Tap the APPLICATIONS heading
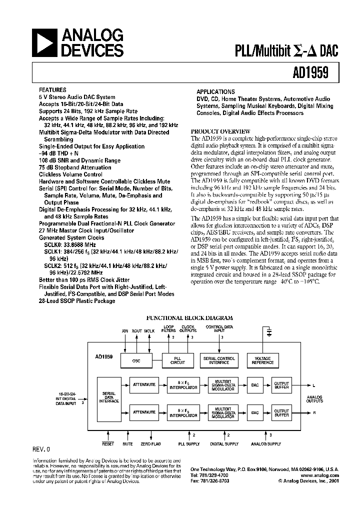pyautogui.click(x=215, y=92)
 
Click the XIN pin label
pyautogui.click(x=125, y=331)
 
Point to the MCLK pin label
pyautogui.click(x=149, y=331)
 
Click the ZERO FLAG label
pyautogui.click(x=150, y=444)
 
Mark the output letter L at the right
pyautogui.click(x=314, y=386)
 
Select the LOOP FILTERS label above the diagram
pyautogui.click(x=169, y=329)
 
